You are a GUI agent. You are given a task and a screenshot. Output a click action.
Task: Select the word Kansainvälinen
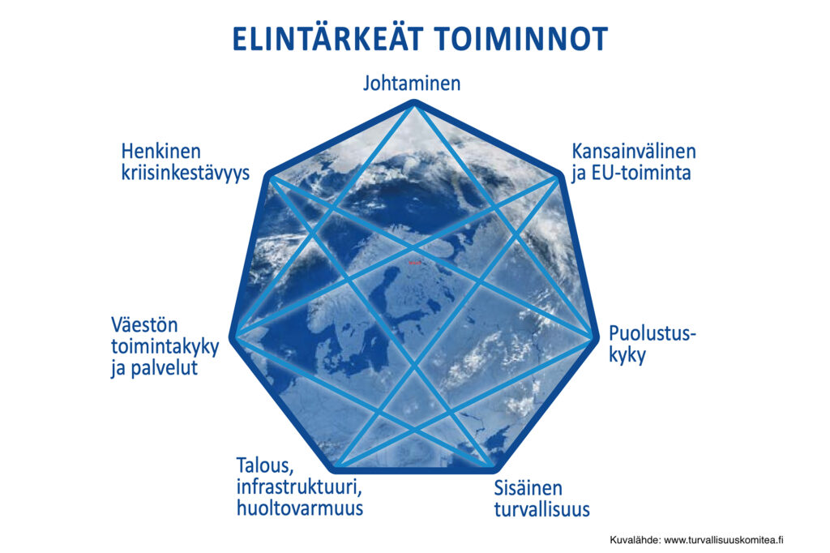(x=634, y=152)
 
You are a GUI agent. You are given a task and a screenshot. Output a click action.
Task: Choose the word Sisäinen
(x=528, y=488)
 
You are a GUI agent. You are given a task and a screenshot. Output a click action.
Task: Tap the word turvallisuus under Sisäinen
(x=541, y=509)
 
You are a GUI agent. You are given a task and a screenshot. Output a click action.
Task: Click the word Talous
(x=264, y=467)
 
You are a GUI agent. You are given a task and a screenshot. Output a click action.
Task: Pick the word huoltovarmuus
(x=300, y=509)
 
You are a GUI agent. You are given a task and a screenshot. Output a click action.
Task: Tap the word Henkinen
(x=160, y=152)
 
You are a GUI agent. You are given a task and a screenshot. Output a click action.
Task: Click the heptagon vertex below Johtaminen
(x=414, y=103)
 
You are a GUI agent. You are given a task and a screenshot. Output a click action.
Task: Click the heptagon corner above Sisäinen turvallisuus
(x=492, y=469)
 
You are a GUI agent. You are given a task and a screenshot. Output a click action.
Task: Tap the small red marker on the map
(x=412, y=263)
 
